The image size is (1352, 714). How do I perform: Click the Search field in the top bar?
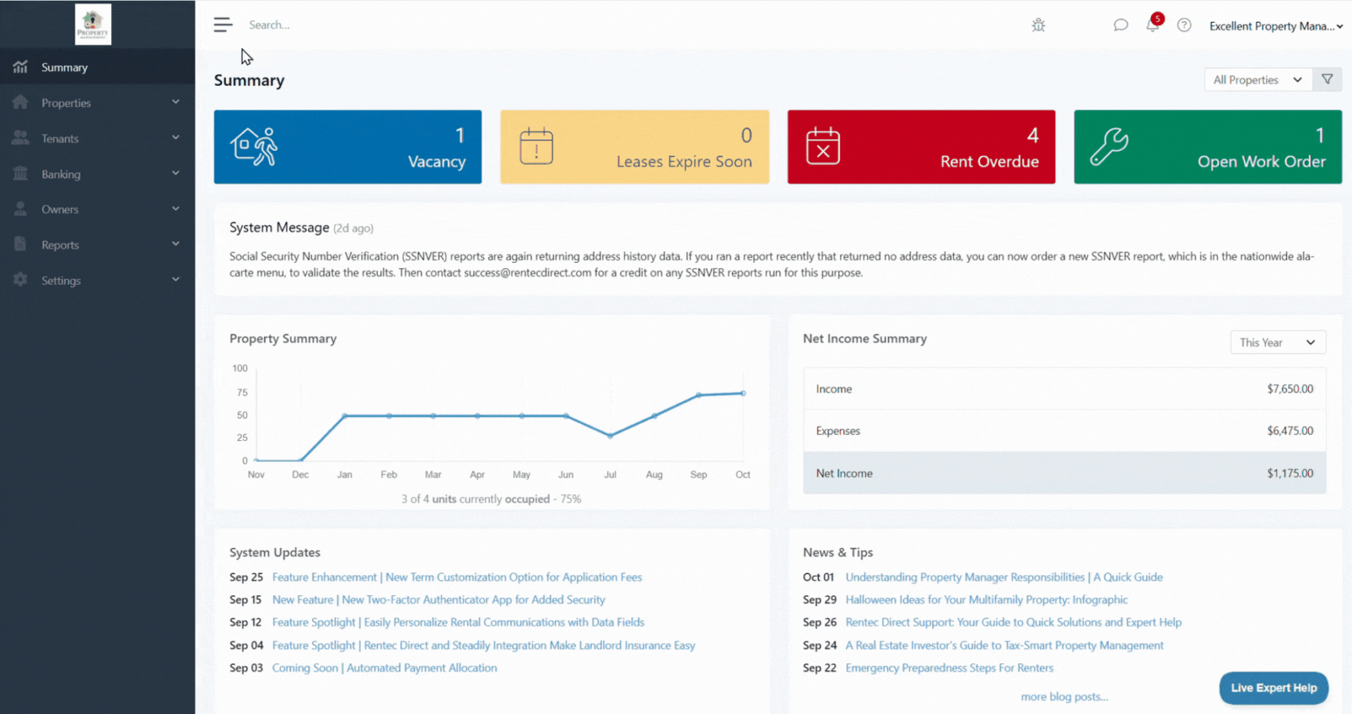click(x=313, y=25)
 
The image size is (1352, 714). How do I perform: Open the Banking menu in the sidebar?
click(x=61, y=174)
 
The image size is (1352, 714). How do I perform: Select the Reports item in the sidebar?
click(x=60, y=245)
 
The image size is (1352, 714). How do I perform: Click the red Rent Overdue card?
click(x=920, y=147)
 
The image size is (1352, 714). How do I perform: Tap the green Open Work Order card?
click(x=1207, y=147)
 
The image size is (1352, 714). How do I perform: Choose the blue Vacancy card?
click(x=347, y=147)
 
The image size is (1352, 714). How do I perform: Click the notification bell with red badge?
click(x=1153, y=24)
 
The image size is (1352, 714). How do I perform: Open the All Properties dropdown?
click(x=1257, y=80)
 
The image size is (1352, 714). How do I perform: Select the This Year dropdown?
click(x=1278, y=343)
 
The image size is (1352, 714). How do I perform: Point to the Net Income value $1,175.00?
click(x=1289, y=473)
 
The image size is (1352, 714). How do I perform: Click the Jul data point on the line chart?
click(x=611, y=436)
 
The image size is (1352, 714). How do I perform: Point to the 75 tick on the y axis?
click(x=242, y=393)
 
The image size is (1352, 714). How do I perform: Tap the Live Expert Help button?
click(x=1273, y=687)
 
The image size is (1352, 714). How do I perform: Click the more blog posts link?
click(x=1064, y=697)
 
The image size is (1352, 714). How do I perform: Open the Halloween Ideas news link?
click(x=986, y=600)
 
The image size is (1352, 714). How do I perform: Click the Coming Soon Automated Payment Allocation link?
click(x=384, y=668)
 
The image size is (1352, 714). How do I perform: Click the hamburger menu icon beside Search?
click(x=223, y=25)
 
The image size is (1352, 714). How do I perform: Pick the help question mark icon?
click(x=1184, y=25)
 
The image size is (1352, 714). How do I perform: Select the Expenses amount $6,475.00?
click(x=1289, y=431)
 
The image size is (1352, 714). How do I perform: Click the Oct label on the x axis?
click(x=743, y=475)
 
